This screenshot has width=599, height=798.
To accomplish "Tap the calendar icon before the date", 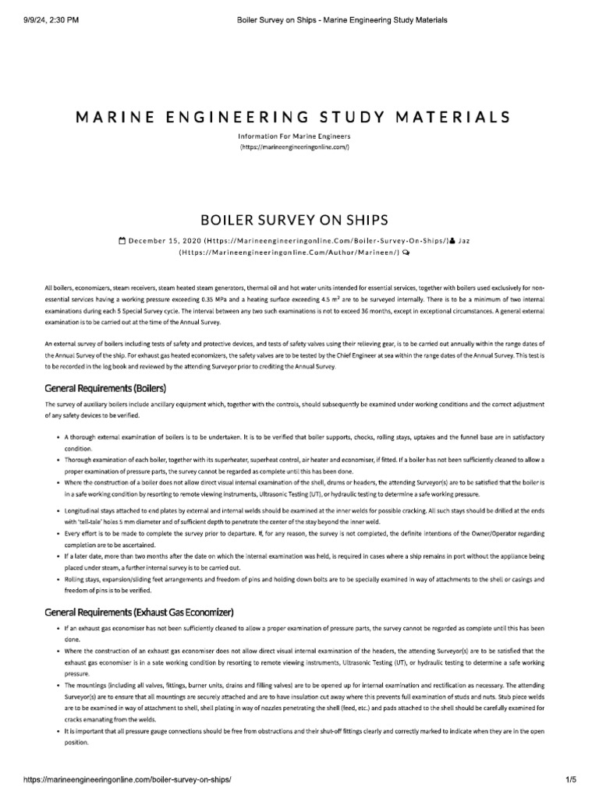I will click(122, 242).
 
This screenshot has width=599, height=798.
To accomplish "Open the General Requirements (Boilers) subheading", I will click(106, 387).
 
